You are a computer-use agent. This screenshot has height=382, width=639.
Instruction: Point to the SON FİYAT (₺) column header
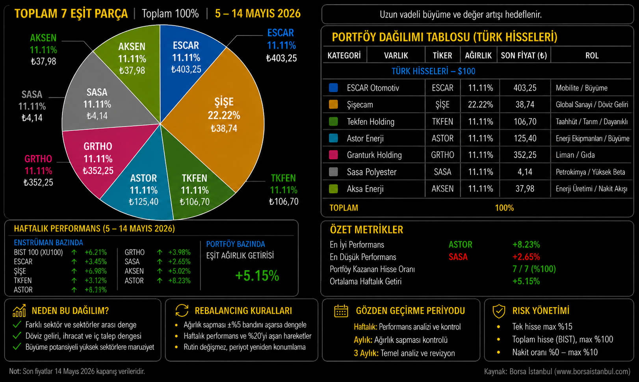(524, 55)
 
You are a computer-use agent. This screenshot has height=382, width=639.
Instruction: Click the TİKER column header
(442, 55)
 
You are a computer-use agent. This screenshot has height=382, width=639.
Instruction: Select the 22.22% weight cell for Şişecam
(480, 105)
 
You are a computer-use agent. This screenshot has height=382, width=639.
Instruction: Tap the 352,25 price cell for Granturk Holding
(525, 155)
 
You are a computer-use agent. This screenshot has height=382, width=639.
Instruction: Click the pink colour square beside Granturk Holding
(333, 155)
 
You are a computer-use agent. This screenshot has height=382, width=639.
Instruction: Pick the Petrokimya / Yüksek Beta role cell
(590, 172)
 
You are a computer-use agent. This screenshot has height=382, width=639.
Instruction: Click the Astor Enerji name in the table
(365, 139)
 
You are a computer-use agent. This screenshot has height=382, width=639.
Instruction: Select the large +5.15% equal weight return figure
(257, 276)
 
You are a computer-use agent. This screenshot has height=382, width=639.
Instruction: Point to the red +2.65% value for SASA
(526, 257)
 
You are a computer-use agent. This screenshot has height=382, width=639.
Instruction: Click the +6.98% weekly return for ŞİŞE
(96, 271)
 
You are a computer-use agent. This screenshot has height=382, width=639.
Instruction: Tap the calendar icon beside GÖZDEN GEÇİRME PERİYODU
(341, 311)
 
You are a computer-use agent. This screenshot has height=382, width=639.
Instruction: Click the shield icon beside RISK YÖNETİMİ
(499, 311)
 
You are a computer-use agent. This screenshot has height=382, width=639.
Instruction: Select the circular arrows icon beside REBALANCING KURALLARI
(182, 310)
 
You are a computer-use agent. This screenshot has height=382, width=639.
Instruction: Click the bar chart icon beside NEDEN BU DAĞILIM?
(19, 310)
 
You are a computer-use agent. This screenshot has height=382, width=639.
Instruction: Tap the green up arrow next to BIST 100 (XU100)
(74, 252)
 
